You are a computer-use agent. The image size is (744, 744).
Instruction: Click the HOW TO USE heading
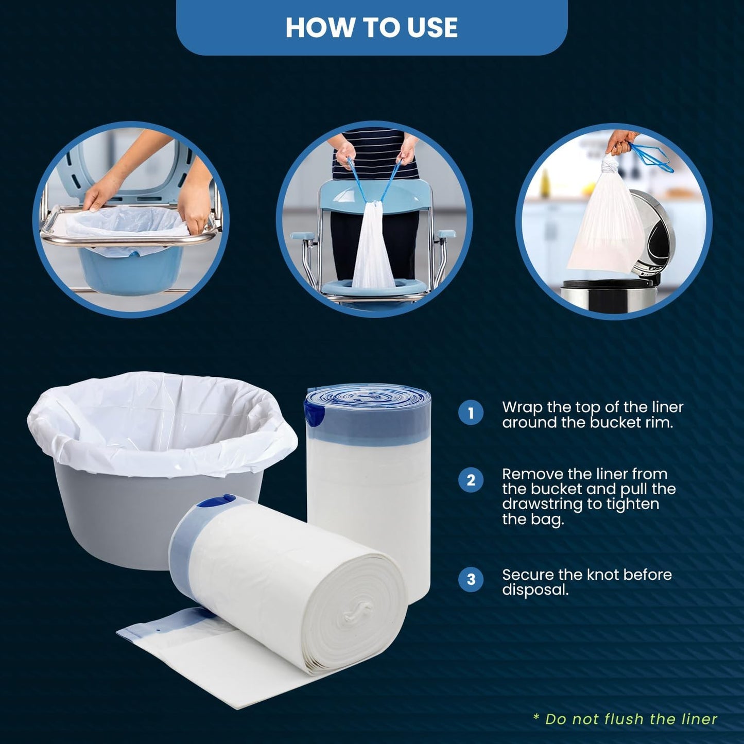point(371,28)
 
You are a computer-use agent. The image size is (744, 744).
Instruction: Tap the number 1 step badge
point(471,413)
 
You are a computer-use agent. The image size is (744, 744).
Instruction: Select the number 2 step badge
point(471,480)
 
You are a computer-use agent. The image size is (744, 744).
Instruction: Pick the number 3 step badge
point(471,579)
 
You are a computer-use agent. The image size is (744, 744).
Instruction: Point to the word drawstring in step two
point(544,504)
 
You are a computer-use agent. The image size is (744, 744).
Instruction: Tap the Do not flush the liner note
point(625,719)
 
